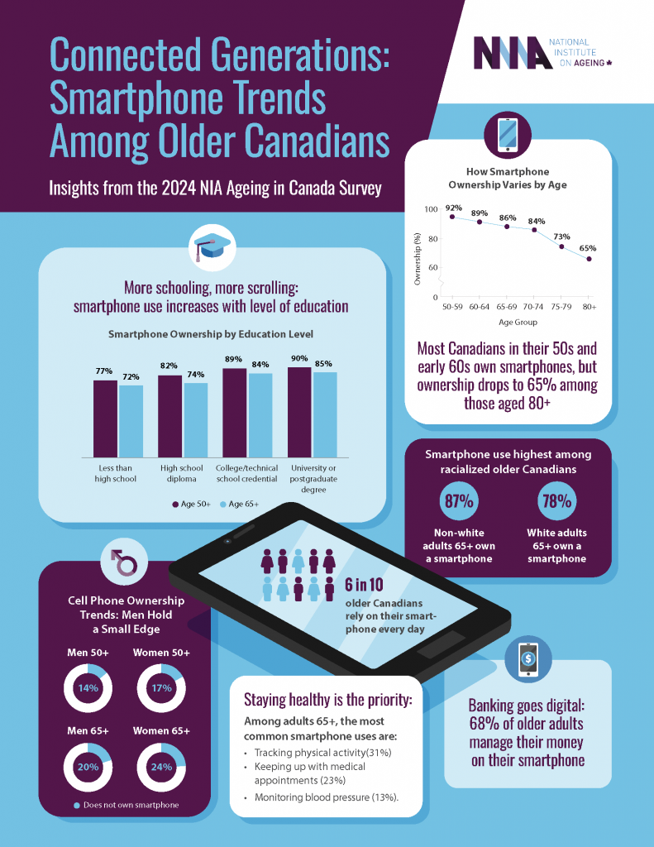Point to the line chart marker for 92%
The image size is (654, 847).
[452, 217]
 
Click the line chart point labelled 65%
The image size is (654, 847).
[589, 259]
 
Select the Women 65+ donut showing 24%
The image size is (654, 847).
[161, 766]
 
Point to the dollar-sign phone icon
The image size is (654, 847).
[528, 659]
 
